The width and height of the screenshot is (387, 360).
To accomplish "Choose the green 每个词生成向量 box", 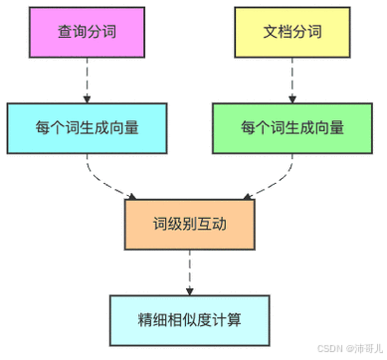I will tap(291, 128).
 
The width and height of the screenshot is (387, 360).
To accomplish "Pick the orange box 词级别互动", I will tap(189, 223).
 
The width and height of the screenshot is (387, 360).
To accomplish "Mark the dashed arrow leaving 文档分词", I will tap(291, 82).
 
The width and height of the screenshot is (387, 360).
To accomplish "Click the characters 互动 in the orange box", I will tap(213, 223).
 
